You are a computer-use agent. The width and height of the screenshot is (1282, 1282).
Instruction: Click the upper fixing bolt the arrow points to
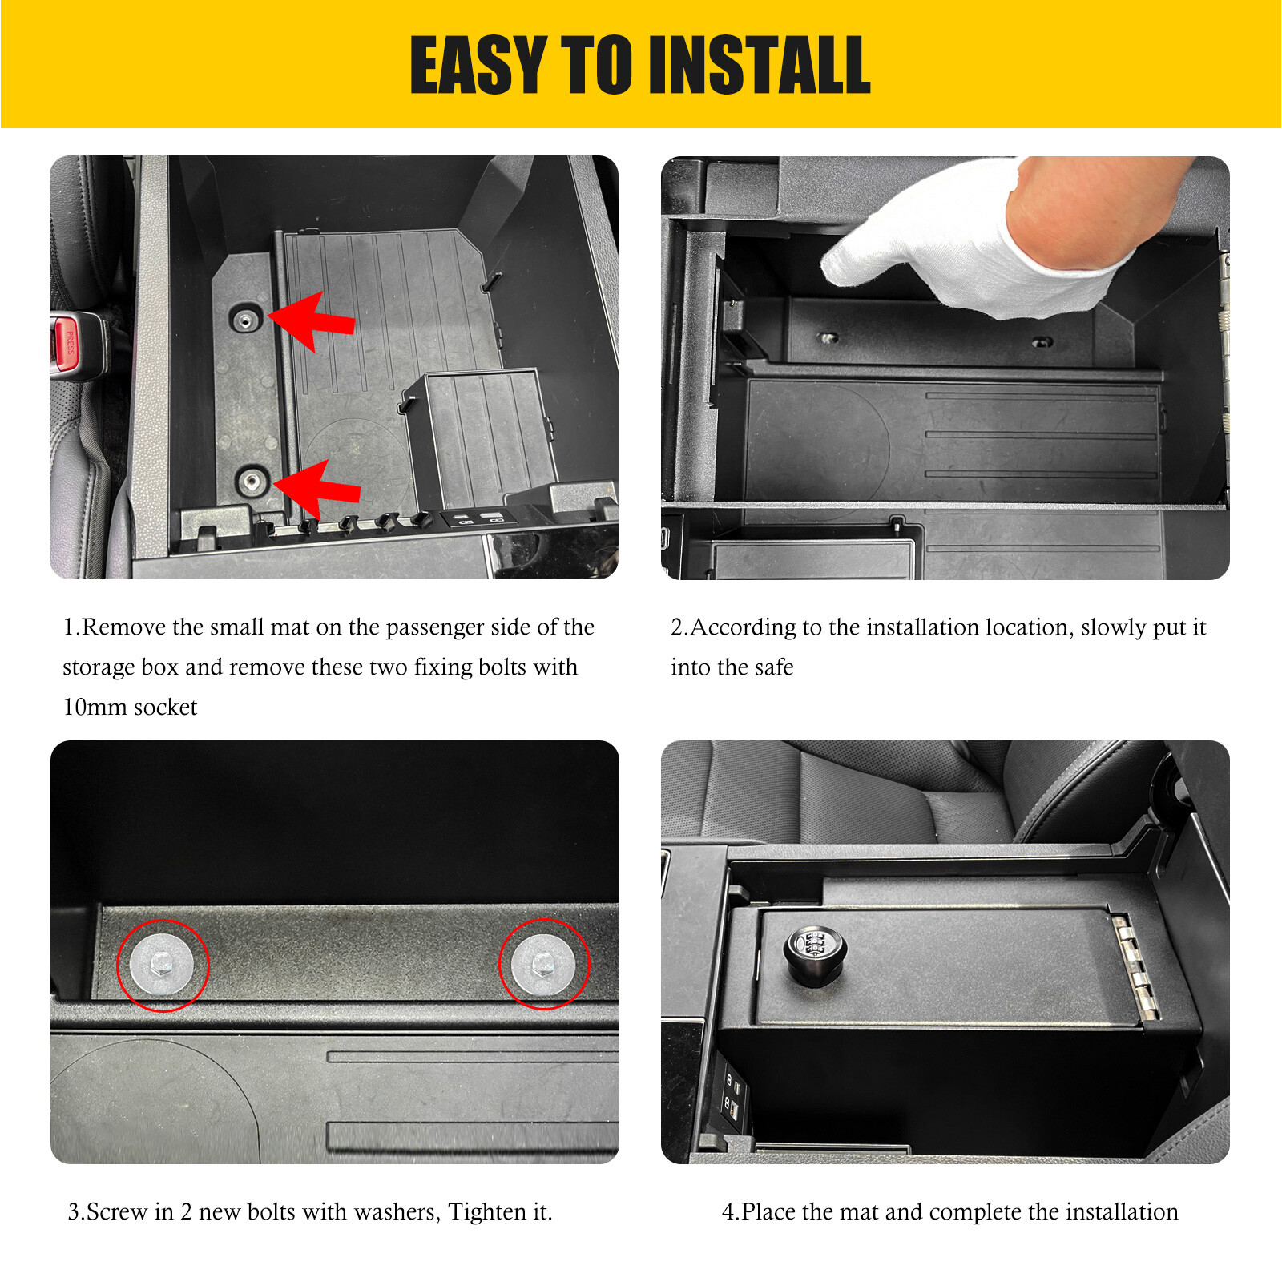246,319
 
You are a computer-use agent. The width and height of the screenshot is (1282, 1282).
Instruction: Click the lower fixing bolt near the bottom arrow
252,482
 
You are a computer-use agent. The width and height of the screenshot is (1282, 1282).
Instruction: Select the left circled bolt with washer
162,964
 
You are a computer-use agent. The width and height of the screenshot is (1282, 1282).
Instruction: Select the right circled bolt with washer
544,964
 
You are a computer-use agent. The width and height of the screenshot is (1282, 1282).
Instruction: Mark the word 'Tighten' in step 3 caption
487,1212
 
